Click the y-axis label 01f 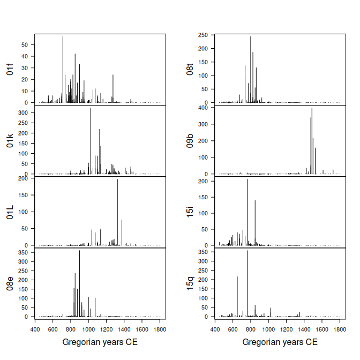(x=10, y=69)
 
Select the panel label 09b (x=190, y=141)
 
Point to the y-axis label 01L (x=10, y=212)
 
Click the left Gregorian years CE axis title (x=100, y=342)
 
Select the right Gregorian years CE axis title (x=280, y=342)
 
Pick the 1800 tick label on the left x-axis (x=160, y=329)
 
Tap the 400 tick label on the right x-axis (x=215, y=329)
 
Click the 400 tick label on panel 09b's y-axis (x=202, y=108)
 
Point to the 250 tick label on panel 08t (x=202, y=35)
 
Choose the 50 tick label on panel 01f (x=24, y=44)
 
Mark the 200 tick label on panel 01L (x=22, y=178)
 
